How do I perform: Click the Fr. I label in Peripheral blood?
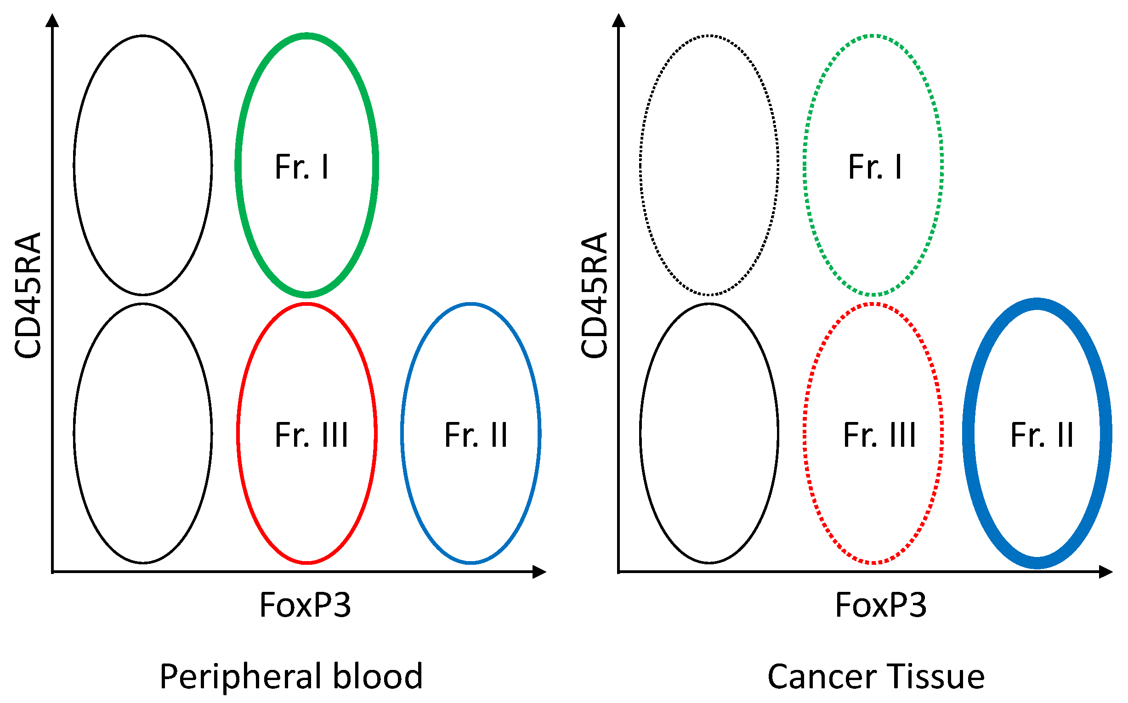[302, 166]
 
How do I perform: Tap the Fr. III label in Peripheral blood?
[311, 435]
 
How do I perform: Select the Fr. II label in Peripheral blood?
[476, 435]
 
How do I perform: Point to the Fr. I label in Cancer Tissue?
[875, 166]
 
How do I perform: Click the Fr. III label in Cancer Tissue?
[879, 435]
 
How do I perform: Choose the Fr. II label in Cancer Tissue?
[1042, 435]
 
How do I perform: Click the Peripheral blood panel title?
[291, 676]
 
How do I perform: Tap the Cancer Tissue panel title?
[876, 676]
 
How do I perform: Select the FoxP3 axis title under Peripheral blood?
[305, 605]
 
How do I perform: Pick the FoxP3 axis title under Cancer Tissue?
[880, 605]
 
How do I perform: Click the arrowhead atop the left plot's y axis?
[52, 21]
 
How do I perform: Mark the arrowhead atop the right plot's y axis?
[618, 21]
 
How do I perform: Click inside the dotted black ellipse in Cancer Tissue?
[709, 165]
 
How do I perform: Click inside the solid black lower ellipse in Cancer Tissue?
[709, 433]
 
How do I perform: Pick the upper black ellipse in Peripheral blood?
[143, 165]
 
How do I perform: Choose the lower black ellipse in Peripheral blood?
[143, 433]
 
